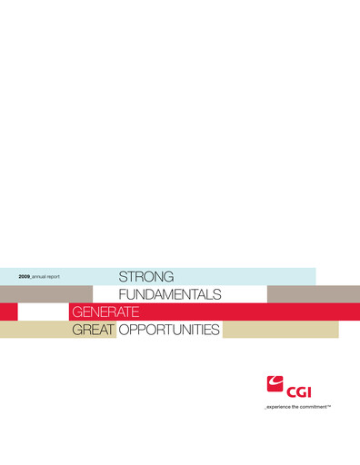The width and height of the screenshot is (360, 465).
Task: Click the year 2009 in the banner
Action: tap(25, 275)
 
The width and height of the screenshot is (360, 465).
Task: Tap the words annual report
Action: tap(46, 275)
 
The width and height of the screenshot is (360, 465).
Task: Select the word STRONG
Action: tap(145, 275)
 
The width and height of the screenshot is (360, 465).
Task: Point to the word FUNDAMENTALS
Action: tap(170, 294)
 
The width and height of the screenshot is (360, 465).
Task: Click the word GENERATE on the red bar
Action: tap(105, 312)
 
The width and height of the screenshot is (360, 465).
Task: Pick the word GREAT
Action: tap(94, 330)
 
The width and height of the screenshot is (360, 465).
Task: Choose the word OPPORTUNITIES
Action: tap(170, 330)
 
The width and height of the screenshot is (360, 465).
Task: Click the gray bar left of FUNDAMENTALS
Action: tap(45, 294)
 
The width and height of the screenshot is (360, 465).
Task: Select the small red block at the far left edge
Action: tap(8, 312)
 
